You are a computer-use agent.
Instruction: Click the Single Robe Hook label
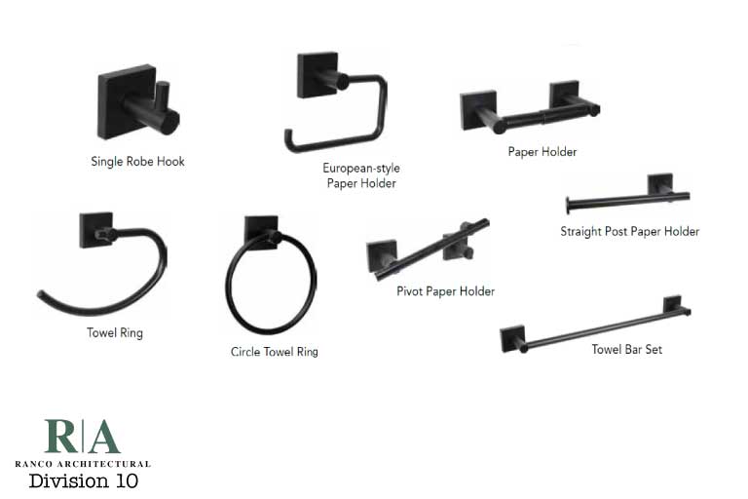pyautogui.click(x=137, y=161)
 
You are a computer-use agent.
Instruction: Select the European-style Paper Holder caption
pyautogui.click(x=361, y=175)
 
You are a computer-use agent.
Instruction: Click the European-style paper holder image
pyautogui.click(x=336, y=102)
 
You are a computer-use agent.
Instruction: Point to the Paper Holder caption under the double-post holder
pyautogui.click(x=542, y=152)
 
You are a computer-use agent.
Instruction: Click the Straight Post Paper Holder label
pyautogui.click(x=629, y=232)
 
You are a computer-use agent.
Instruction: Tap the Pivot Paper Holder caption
pyautogui.click(x=445, y=291)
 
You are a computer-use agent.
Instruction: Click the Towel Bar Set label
pyautogui.click(x=626, y=349)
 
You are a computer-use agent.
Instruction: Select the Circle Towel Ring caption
pyautogui.click(x=274, y=352)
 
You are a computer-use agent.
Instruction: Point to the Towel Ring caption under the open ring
pyautogui.click(x=115, y=333)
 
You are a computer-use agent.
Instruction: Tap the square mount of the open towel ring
pyautogui.click(x=96, y=230)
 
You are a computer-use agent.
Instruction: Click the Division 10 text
pyautogui.click(x=83, y=481)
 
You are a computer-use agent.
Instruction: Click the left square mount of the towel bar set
pyautogui.click(x=512, y=339)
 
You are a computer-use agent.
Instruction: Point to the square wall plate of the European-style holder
pyautogui.click(x=317, y=75)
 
